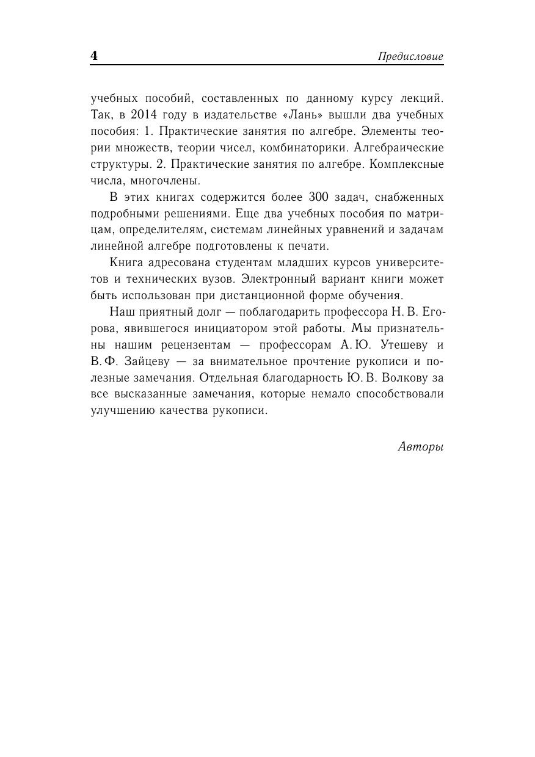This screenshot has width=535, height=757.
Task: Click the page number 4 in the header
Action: [94, 56]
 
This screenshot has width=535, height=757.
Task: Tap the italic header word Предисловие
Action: [410, 57]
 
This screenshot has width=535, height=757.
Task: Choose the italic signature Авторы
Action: [421, 447]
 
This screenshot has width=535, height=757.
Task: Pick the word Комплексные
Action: [404, 164]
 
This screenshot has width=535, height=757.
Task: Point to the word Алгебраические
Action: [402, 148]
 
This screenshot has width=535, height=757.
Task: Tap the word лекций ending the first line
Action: [421, 98]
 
